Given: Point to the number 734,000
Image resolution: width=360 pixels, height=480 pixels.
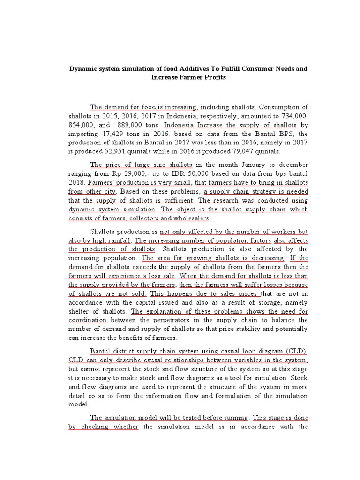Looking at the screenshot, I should click(x=292, y=116).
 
